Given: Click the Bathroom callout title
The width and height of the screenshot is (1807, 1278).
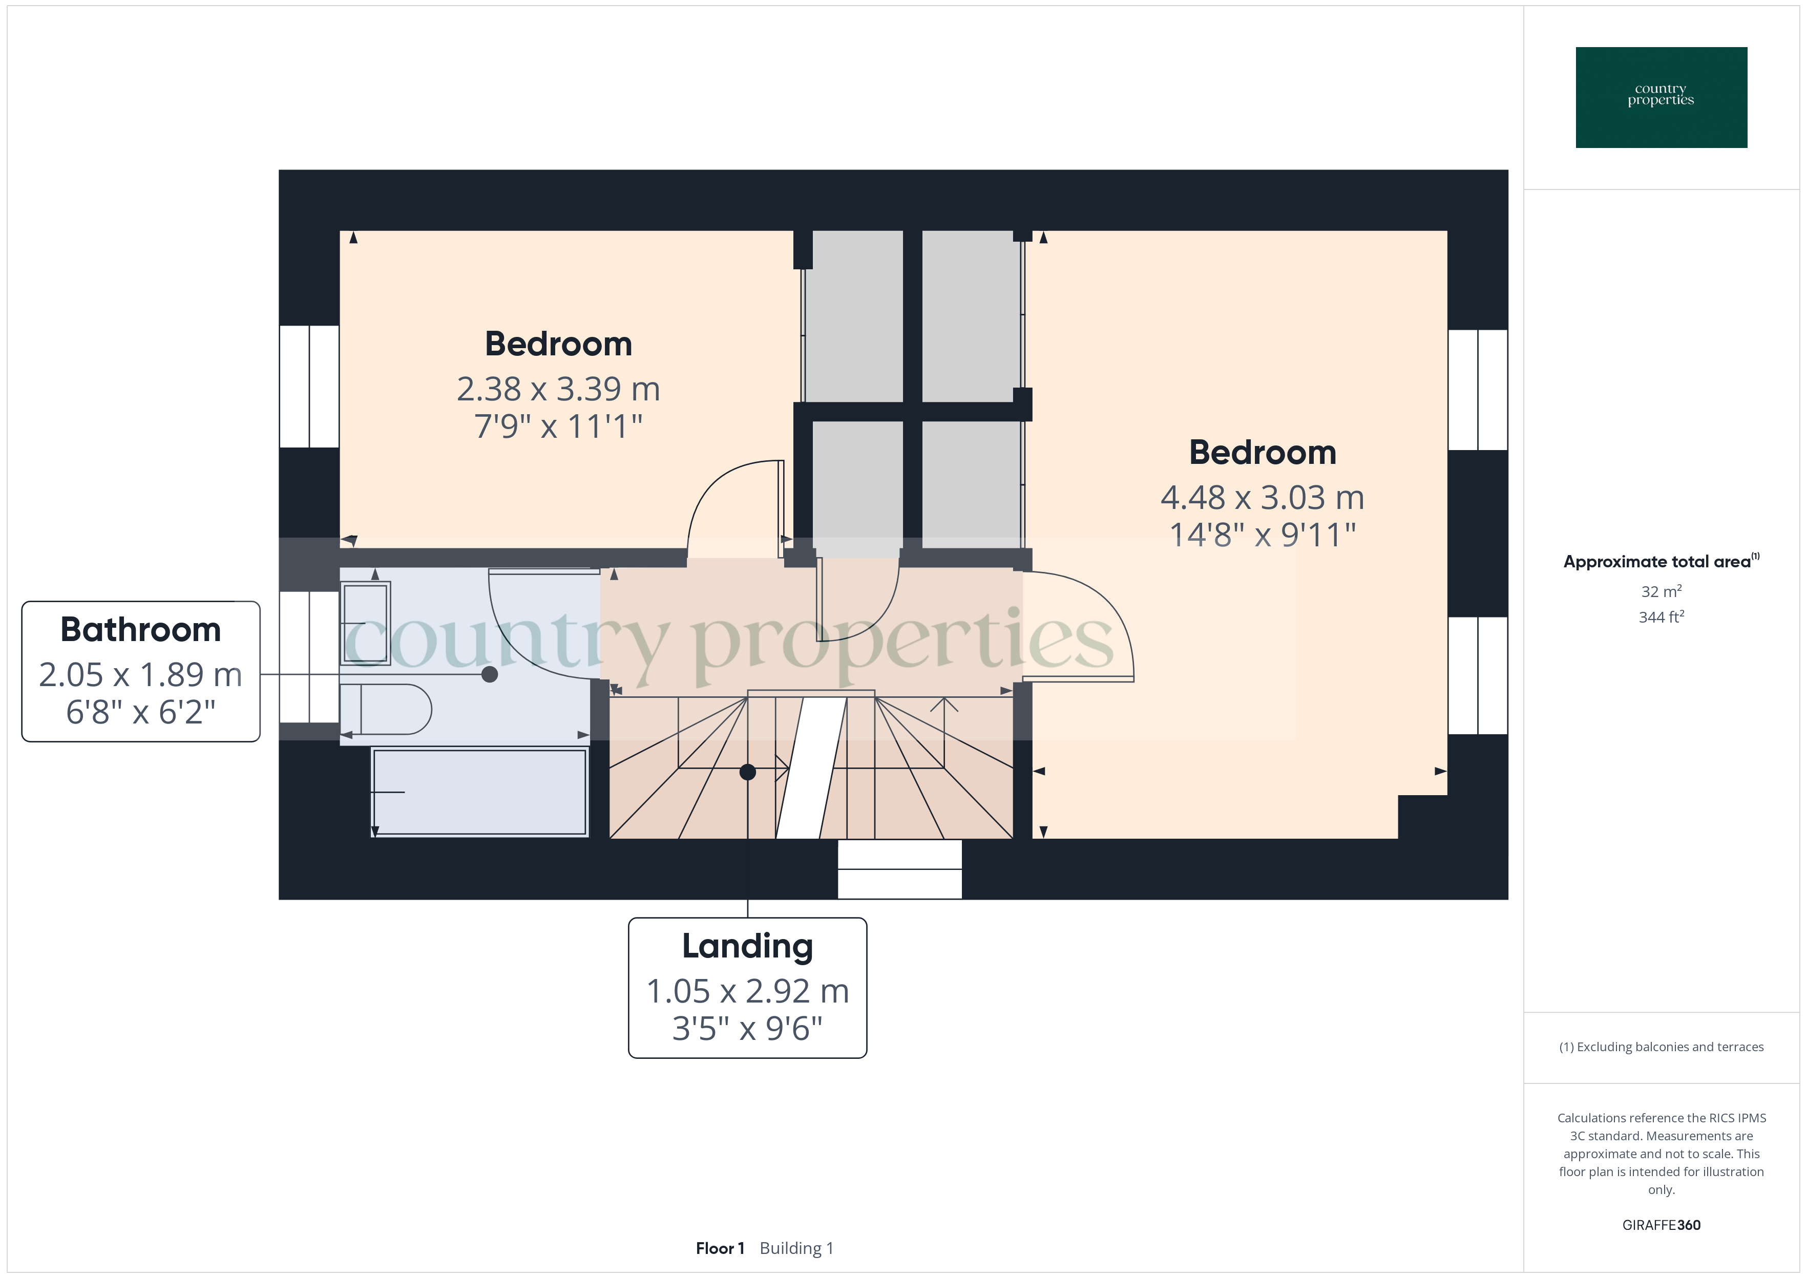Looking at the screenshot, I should point(141,630).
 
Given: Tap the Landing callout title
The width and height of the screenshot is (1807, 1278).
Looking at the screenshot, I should point(747,945).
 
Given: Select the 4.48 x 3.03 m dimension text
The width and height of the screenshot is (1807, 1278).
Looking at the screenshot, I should point(1262,497).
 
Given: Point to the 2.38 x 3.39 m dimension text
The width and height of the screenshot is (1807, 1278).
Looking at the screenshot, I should point(558,389).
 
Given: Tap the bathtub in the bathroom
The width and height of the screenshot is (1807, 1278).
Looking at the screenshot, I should point(479,792).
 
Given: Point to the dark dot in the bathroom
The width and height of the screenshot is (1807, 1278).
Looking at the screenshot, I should point(490,674).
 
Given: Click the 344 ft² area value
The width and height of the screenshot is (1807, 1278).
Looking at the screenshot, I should point(1661,617).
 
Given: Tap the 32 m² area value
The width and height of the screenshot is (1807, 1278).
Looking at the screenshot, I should point(1661,591).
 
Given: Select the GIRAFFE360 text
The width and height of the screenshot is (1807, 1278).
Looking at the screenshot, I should point(1661,1224).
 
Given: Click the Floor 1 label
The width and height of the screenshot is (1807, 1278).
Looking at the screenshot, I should point(719,1248).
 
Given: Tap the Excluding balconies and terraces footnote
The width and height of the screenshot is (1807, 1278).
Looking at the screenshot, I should point(1661,1047).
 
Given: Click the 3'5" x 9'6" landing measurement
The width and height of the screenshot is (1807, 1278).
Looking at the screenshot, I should point(747,1029).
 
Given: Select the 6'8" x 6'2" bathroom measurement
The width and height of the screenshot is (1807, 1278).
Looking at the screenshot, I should point(141,712).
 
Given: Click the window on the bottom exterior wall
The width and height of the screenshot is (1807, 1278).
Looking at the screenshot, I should point(899,869).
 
